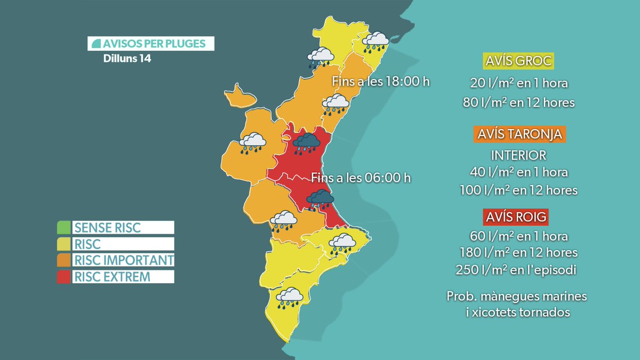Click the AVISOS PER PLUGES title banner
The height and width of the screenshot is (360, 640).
(x=151, y=43)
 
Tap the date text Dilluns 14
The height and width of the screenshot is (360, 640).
(x=127, y=59)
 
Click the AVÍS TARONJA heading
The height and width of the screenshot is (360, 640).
(x=518, y=134)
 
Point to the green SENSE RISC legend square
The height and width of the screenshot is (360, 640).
(x=64, y=228)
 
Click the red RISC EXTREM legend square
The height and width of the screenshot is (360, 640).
(x=64, y=277)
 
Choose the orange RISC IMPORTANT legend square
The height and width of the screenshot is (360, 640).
(x=64, y=260)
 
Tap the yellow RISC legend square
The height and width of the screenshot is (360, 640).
(x=64, y=244)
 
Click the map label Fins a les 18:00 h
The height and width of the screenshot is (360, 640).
(x=380, y=82)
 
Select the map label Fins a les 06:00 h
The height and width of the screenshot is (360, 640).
(x=361, y=178)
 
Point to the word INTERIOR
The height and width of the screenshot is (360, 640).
(x=518, y=155)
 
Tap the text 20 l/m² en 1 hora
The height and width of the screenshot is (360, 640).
(x=518, y=83)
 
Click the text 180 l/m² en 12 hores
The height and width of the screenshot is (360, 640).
(x=518, y=252)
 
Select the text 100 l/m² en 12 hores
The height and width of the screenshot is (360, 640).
(x=518, y=190)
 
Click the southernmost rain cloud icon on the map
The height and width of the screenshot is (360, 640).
(x=290, y=298)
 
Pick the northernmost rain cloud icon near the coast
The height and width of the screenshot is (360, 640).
(x=376, y=42)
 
